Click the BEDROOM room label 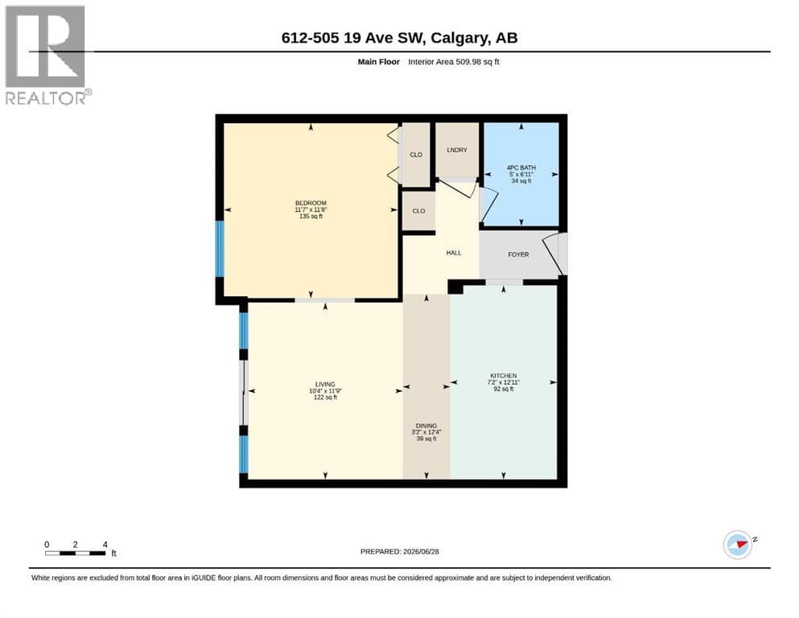coord(311,203)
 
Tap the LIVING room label coord(325,384)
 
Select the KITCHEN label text coord(504,376)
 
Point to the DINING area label coord(426,426)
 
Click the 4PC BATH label coord(521,167)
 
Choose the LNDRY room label coord(457,150)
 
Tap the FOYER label coord(518,254)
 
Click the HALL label coord(454,253)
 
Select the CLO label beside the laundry coord(416,154)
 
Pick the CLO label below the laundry coord(419,211)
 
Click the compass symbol coord(739,545)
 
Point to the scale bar coord(76,553)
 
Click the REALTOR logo coord(47,55)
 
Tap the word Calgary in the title coord(458,38)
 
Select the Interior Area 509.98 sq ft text coord(454,62)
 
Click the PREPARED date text coord(399,551)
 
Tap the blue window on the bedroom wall coord(220,249)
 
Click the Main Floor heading coord(379,62)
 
